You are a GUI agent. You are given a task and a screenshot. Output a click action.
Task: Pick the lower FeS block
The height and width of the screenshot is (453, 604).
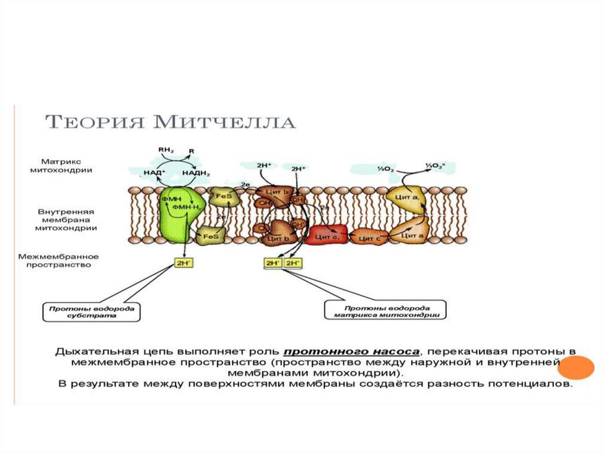(211, 236)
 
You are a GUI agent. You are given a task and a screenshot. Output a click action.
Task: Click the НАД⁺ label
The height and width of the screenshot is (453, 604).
(155, 172)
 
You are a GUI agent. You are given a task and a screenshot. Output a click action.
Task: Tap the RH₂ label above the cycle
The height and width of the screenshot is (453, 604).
(166, 150)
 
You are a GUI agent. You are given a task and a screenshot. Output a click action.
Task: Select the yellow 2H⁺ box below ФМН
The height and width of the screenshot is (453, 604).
(180, 263)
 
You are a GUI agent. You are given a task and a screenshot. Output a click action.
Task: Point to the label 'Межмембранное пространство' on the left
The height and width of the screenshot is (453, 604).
(58, 261)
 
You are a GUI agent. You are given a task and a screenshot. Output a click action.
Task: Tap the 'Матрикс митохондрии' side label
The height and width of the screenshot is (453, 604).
(66, 165)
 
